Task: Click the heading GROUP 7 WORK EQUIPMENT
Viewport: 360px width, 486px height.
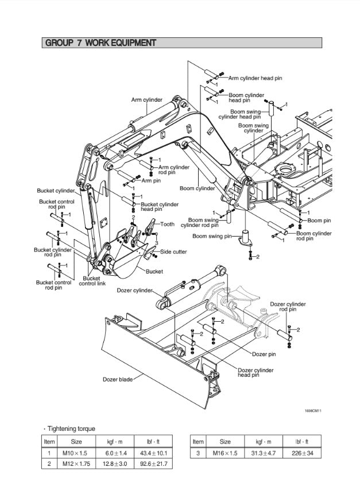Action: pos(100,43)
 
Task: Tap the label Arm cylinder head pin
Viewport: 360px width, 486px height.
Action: pos(255,78)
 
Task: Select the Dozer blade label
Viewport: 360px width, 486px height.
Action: pos(118,379)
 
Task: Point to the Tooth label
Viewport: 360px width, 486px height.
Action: pos(167,225)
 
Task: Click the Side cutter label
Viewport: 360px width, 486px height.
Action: pos(173,252)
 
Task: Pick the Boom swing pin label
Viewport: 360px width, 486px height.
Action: pos(211,236)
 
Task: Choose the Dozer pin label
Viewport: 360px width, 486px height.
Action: pos(264,354)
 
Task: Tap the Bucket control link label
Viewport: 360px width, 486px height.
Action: pos(92,281)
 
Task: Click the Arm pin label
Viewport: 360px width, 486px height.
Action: pos(151,181)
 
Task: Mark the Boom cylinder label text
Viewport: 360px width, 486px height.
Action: pos(197,188)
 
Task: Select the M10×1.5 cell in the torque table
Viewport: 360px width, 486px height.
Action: pos(76,453)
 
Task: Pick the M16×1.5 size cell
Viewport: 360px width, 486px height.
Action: pos(225,453)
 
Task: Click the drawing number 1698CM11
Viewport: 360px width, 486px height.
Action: pos(312,410)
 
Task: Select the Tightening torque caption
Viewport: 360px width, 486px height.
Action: pos(70,429)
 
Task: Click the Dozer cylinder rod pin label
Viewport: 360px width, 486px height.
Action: pos(288,306)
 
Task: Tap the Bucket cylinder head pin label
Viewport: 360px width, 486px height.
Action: pos(160,207)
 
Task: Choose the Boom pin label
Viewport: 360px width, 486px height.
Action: pos(319,220)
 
